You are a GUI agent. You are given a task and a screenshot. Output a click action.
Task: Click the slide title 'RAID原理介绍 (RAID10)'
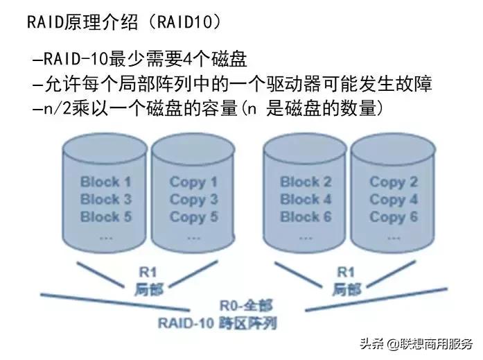124,22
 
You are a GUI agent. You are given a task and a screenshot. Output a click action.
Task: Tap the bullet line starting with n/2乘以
212,109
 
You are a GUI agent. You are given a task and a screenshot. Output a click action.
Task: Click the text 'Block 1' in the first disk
105,182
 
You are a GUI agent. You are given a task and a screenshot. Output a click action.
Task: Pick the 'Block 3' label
105,199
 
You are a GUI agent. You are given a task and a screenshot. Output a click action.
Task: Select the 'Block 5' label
105,216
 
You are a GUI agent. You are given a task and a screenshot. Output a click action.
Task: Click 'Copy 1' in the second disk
193,182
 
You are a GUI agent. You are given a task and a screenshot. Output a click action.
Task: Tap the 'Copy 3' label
193,200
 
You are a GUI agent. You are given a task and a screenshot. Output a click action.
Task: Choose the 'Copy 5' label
193,216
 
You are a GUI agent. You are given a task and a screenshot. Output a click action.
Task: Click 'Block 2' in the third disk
306,182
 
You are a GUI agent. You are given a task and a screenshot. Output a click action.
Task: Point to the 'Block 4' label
306,199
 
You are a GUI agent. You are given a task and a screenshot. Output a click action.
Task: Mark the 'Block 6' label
306,216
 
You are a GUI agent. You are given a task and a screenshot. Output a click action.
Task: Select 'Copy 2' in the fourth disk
394,182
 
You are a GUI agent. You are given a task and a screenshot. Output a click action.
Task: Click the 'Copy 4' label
394,200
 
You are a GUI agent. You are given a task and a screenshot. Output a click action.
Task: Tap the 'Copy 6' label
394,216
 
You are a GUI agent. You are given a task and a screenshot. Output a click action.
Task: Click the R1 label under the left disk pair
148,273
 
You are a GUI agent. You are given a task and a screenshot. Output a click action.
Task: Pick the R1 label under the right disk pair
345,273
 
